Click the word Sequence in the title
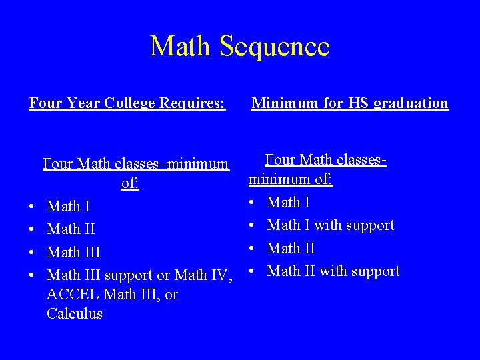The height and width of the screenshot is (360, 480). [274, 47]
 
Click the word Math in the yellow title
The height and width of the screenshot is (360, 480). [181, 47]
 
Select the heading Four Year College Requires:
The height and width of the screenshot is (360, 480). [127, 103]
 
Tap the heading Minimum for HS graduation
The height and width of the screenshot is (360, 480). [349, 103]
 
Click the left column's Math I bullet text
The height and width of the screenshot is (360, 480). [69, 207]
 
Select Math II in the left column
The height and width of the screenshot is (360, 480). [71, 229]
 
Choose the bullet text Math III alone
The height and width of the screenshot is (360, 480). [73, 253]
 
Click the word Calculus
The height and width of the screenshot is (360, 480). [75, 314]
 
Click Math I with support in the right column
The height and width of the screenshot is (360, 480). [331, 225]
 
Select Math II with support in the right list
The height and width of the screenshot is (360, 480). [333, 271]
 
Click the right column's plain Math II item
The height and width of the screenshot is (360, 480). [291, 249]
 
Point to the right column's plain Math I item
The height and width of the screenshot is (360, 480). [288, 202]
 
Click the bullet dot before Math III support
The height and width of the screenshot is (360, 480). [33, 275]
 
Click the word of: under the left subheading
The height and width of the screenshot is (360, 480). [130, 183]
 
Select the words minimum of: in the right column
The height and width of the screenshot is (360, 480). [291, 179]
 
